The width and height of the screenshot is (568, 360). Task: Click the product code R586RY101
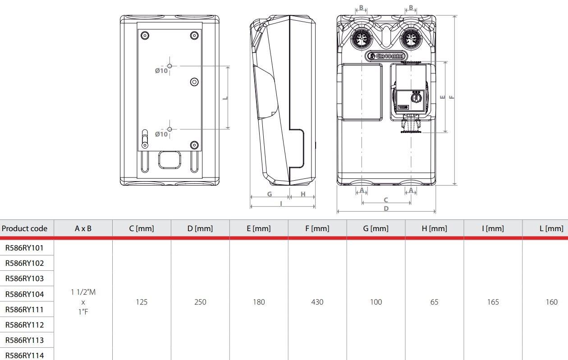(24, 247)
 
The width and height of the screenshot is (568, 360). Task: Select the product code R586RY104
(24, 294)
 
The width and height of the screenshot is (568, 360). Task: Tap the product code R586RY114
(24, 355)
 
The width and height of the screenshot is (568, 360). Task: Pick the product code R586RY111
(24, 310)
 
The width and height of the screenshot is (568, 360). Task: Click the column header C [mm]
(142, 228)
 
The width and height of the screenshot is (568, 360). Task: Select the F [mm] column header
(317, 228)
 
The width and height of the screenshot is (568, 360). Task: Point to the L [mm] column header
(551, 228)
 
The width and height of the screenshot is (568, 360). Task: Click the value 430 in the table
(317, 302)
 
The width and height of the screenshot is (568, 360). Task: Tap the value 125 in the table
(142, 302)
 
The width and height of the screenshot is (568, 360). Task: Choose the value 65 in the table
(434, 302)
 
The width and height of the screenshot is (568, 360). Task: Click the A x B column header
(83, 228)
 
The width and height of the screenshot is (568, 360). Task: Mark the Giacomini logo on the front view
(387, 56)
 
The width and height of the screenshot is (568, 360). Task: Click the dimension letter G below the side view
(270, 194)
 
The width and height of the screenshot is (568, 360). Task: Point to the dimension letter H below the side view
(303, 194)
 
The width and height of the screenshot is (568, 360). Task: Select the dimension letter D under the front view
(386, 209)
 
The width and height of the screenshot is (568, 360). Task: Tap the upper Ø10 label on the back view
(161, 71)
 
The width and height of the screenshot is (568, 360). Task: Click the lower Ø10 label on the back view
(161, 134)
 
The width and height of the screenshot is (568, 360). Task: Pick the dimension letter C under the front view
(386, 200)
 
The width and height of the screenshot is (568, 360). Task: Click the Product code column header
(24, 228)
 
